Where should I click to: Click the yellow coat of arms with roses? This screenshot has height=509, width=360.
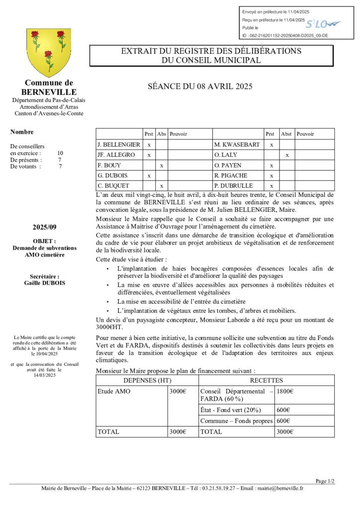[48, 52]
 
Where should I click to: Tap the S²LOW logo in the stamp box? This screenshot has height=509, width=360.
[322, 24]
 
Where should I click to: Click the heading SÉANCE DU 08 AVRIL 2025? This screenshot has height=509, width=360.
[200, 86]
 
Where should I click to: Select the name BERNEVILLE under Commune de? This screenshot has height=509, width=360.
[49, 92]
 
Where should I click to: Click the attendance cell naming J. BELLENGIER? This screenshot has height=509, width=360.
[119, 144]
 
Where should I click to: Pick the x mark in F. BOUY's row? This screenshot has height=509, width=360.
[162, 165]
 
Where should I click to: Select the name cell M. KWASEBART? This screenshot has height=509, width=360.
[237, 144]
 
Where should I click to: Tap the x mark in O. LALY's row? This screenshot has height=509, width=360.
[286, 155]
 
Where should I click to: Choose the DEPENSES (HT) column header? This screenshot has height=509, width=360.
[147, 380]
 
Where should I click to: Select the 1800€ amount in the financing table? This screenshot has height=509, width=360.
[285, 391]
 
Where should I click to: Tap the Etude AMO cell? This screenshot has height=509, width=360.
[114, 391]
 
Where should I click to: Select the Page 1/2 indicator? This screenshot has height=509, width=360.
[325, 481]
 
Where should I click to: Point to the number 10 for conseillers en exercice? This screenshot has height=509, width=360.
[60, 153]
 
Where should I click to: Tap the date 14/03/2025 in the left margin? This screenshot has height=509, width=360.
[44, 375]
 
